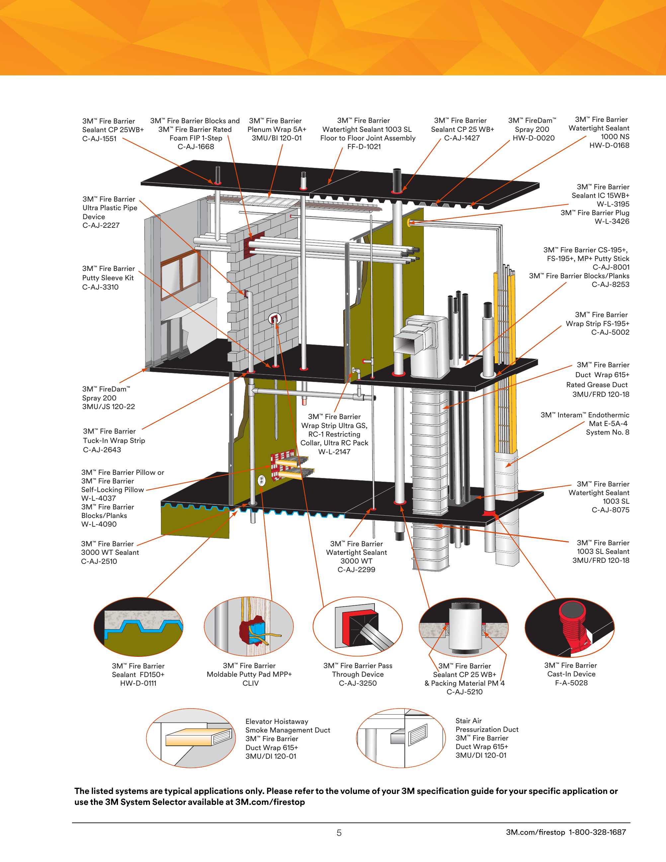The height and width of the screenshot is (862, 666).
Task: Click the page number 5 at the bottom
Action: [339, 833]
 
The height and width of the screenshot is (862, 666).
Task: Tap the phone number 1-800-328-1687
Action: [597, 832]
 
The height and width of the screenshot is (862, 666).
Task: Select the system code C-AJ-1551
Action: [99, 138]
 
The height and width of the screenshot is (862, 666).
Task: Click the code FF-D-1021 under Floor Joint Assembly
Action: [364, 147]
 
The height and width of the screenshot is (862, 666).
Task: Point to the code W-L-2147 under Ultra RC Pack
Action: [334, 452]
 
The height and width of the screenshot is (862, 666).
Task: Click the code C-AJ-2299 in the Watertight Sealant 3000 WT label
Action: [356, 569]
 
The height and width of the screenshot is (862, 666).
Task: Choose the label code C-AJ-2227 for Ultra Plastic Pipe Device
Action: [101, 225]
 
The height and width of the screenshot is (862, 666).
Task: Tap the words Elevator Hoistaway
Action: [277, 722]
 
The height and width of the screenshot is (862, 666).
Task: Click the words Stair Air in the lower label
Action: [468, 721]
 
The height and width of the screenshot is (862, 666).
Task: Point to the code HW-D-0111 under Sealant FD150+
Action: [138, 683]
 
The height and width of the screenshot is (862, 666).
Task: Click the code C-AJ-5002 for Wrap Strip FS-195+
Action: [610, 332]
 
